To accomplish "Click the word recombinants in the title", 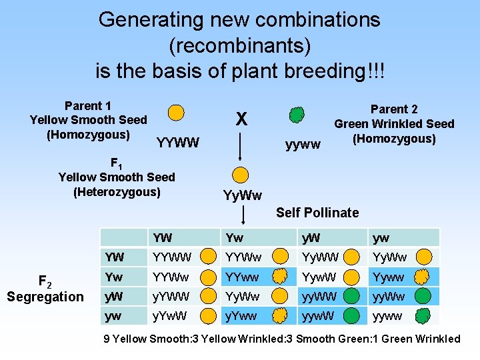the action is [x=240, y=45].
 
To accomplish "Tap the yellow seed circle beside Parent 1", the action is [x=175, y=112].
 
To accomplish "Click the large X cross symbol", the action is [x=241, y=119].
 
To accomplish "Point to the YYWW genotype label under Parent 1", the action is [x=177, y=142].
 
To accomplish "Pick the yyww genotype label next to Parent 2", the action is [x=303, y=143].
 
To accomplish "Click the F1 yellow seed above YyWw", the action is [x=241, y=175].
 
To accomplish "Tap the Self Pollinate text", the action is [x=317, y=213].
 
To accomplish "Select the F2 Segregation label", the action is [x=45, y=289].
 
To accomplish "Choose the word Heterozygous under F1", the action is [x=117, y=192].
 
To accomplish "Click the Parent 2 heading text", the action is [x=393, y=109].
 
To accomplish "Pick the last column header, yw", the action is [x=381, y=237].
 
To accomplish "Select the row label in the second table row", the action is [x=113, y=276].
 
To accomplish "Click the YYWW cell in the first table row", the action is [x=172, y=257].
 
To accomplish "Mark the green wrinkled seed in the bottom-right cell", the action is [x=421, y=315].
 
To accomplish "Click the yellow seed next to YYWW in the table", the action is [x=209, y=257].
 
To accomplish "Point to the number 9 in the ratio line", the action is [x=107, y=339].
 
